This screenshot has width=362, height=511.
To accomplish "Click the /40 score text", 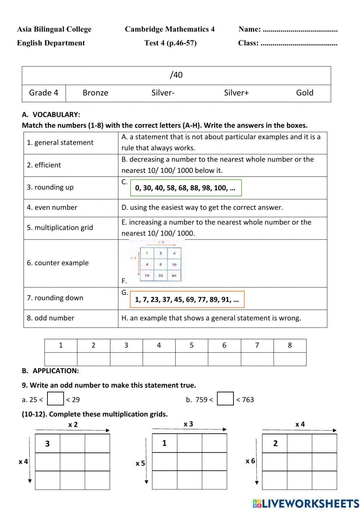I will point(176,75).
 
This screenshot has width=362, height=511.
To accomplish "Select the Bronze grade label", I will point(95,93).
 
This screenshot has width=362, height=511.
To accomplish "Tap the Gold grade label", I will point(304,93).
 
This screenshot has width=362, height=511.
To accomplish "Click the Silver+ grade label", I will point(236,93).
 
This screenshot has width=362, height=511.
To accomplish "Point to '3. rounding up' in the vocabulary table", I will point(50,187).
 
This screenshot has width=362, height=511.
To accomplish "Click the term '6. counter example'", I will point(58,263).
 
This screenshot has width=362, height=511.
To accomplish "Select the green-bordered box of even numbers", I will point(186,188).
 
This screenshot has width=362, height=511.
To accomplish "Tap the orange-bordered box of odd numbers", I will point(187,299).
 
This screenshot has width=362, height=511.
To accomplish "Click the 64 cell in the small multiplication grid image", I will point(174,275).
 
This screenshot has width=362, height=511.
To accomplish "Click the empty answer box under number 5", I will point(191,359).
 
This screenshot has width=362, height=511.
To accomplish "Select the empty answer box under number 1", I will point(61,359).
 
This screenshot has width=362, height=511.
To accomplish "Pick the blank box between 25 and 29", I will point(55,399).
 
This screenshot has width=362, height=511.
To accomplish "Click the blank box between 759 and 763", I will point(225,399).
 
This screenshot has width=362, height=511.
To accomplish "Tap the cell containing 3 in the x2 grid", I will point(47,443).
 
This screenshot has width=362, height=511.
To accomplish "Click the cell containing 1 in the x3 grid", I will point(164,443).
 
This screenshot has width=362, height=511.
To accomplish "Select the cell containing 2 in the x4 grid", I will point(275,443).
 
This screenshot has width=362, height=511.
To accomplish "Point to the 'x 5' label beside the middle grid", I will point(140,463).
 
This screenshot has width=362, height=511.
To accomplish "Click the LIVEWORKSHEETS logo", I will point(306,503).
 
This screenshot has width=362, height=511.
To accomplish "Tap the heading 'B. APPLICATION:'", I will point(50,371).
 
